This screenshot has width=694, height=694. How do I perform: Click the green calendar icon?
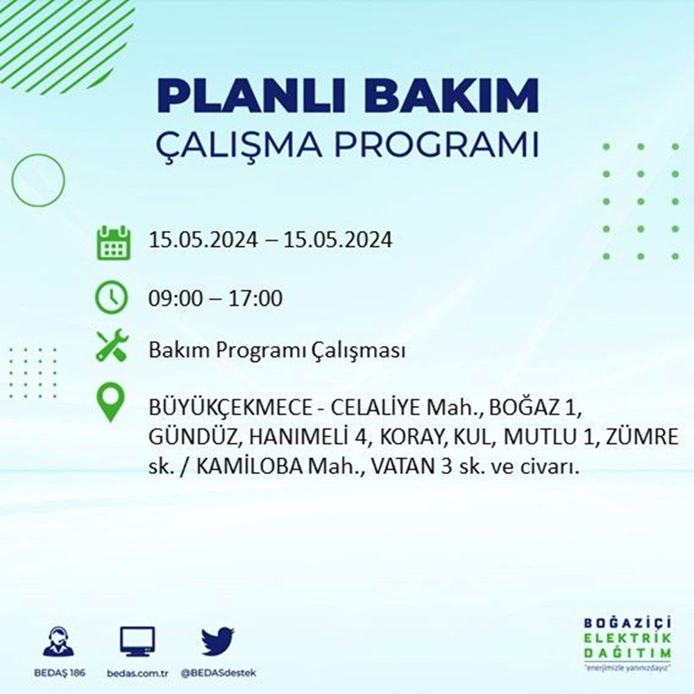coord(113,242)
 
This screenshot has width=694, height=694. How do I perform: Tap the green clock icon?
coord(112,297)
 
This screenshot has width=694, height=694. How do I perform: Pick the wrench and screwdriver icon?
coord(112,345)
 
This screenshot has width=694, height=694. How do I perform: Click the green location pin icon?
coord(110,402)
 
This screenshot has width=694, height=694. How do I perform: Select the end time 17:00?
coord(255,298)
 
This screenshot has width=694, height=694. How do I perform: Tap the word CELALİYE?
coord(376,408)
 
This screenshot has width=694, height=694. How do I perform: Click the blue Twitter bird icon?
coord(217,641)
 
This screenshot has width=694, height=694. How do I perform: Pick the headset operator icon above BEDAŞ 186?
coord(59,641)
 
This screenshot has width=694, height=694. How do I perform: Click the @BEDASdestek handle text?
coord(219,673)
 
